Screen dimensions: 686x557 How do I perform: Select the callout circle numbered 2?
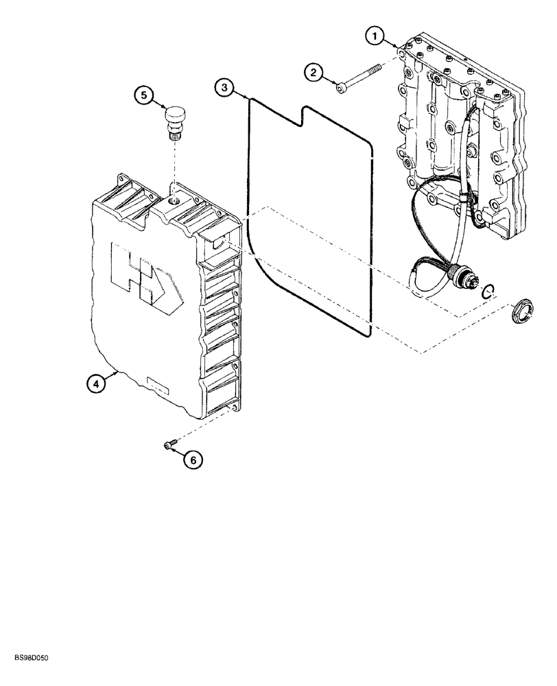(313, 71)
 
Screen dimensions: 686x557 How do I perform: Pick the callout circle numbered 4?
(97, 384)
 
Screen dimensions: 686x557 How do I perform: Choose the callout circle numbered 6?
(193, 460)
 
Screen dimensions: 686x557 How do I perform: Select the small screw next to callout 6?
(169, 446)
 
